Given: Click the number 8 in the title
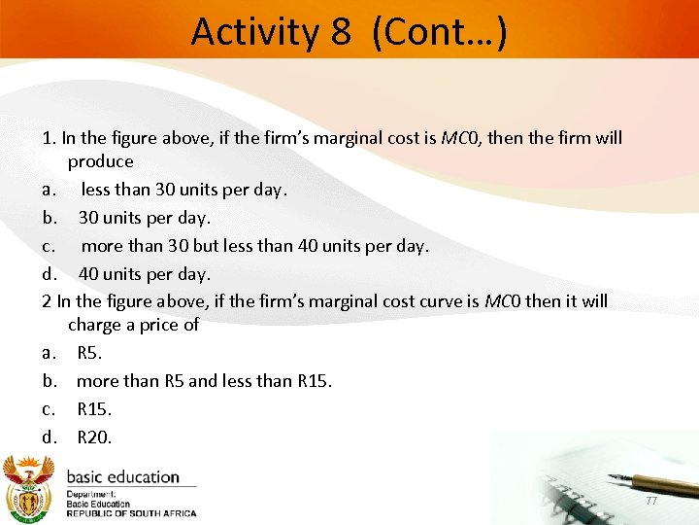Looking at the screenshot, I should click(340, 31).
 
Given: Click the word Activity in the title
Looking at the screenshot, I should click(254, 31).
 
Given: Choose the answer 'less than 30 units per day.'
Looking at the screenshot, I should click(184, 190).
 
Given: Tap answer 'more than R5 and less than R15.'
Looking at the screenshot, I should click(204, 381).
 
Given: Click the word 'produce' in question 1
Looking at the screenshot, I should click(101, 161).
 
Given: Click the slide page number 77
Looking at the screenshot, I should click(651, 500).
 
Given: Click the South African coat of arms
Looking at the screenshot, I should click(29, 487).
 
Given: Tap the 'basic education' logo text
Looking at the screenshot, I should click(122, 477).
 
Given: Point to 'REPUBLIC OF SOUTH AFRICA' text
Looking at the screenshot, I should click(131, 513).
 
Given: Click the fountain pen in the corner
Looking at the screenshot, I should click(650, 480).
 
